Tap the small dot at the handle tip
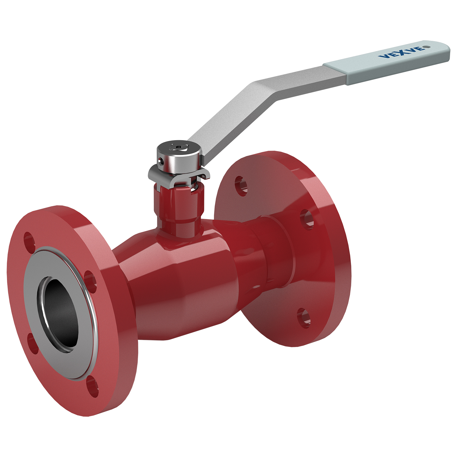pyautogui.click(x=427, y=47)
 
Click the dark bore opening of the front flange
pyautogui.click(x=59, y=314)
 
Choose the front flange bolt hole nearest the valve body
pyautogui.click(x=90, y=280)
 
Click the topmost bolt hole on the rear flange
pyautogui.click(x=241, y=185)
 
